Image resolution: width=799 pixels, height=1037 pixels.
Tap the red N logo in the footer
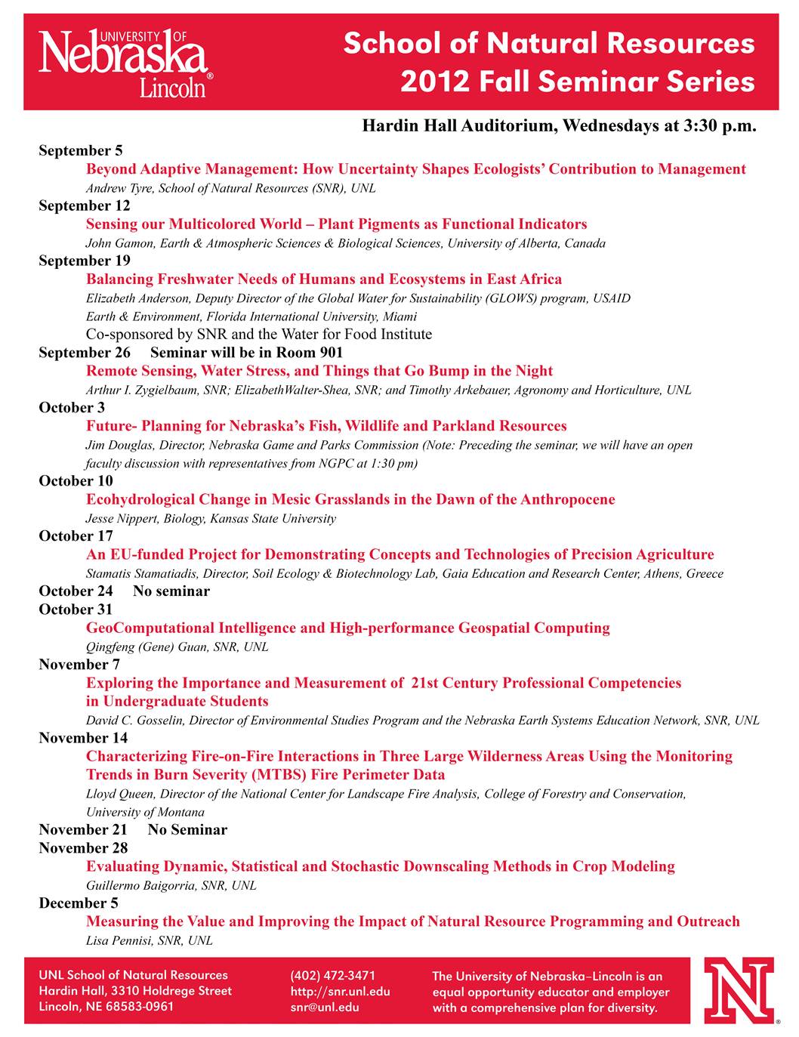click(x=738, y=990)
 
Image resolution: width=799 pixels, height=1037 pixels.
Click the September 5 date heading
click(x=81, y=151)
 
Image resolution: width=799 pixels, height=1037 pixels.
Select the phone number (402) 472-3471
click(x=332, y=975)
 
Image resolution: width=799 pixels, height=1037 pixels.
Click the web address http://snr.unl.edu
click(x=340, y=991)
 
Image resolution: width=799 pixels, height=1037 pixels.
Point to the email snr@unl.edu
click(x=325, y=1007)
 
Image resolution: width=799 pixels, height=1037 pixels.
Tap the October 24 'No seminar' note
click(x=171, y=591)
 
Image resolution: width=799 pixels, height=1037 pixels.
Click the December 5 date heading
click(x=79, y=903)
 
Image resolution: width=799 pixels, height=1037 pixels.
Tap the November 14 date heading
click(x=83, y=738)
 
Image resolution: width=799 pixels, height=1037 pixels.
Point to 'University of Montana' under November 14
click(x=145, y=813)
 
